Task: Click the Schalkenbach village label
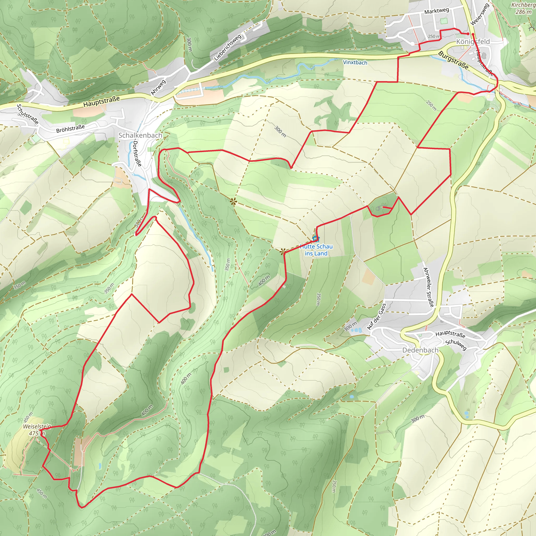(140, 135)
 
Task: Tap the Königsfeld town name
(473, 42)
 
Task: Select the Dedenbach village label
(420, 350)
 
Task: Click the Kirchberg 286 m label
(523, 8)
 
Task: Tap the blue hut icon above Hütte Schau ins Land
(316, 238)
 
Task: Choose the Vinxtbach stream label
(355, 63)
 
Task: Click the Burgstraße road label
(453, 60)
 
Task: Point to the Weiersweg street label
(480, 14)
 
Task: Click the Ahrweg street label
(158, 87)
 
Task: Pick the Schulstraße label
(27, 114)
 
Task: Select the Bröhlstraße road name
(70, 129)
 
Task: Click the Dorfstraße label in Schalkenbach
(137, 153)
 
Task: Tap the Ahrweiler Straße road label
(428, 287)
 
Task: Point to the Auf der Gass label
(376, 317)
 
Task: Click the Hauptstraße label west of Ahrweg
(102, 102)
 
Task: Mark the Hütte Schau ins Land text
(316, 250)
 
